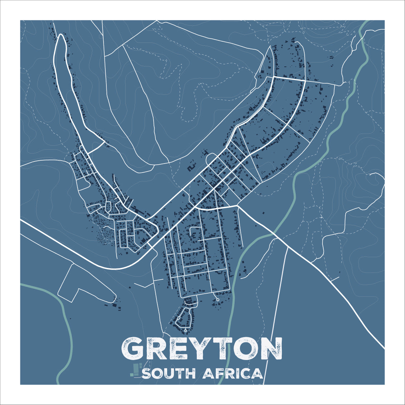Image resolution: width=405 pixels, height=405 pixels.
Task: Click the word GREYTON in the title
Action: (x=202, y=348)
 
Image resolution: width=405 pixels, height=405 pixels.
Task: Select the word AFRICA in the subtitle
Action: (x=232, y=374)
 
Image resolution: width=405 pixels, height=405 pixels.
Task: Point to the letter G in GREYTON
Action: (x=134, y=348)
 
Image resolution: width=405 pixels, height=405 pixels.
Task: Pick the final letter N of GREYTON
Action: (x=270, y=348)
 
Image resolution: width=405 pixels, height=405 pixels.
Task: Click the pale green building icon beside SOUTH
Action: (x=136, y=370)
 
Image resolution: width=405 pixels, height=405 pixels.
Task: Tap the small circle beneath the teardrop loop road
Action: (x=185, y=331)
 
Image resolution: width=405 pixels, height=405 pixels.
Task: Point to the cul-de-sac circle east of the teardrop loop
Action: (x=217, y=299)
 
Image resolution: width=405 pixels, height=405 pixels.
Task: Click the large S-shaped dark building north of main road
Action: (x=192, y=166)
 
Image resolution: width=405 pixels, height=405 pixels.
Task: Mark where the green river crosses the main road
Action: (x=274, y=235)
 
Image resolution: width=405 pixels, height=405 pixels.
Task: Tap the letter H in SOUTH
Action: (x=191, y=374)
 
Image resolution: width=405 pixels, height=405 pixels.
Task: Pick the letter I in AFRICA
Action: (x=237, y=374)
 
